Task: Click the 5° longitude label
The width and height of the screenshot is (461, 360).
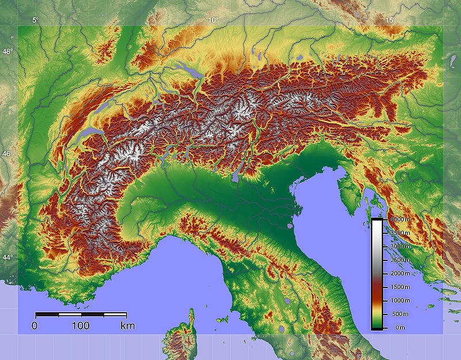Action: tap(36, 20)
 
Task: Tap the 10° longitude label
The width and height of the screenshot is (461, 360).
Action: tap(213, 20)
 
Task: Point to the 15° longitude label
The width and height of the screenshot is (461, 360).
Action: tap(390, 20)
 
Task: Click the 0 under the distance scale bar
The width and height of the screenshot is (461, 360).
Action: tap(35, 326)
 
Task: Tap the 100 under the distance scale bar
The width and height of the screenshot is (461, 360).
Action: tap(81, 326)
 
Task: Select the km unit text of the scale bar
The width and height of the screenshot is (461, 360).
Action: tap(127, 326)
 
